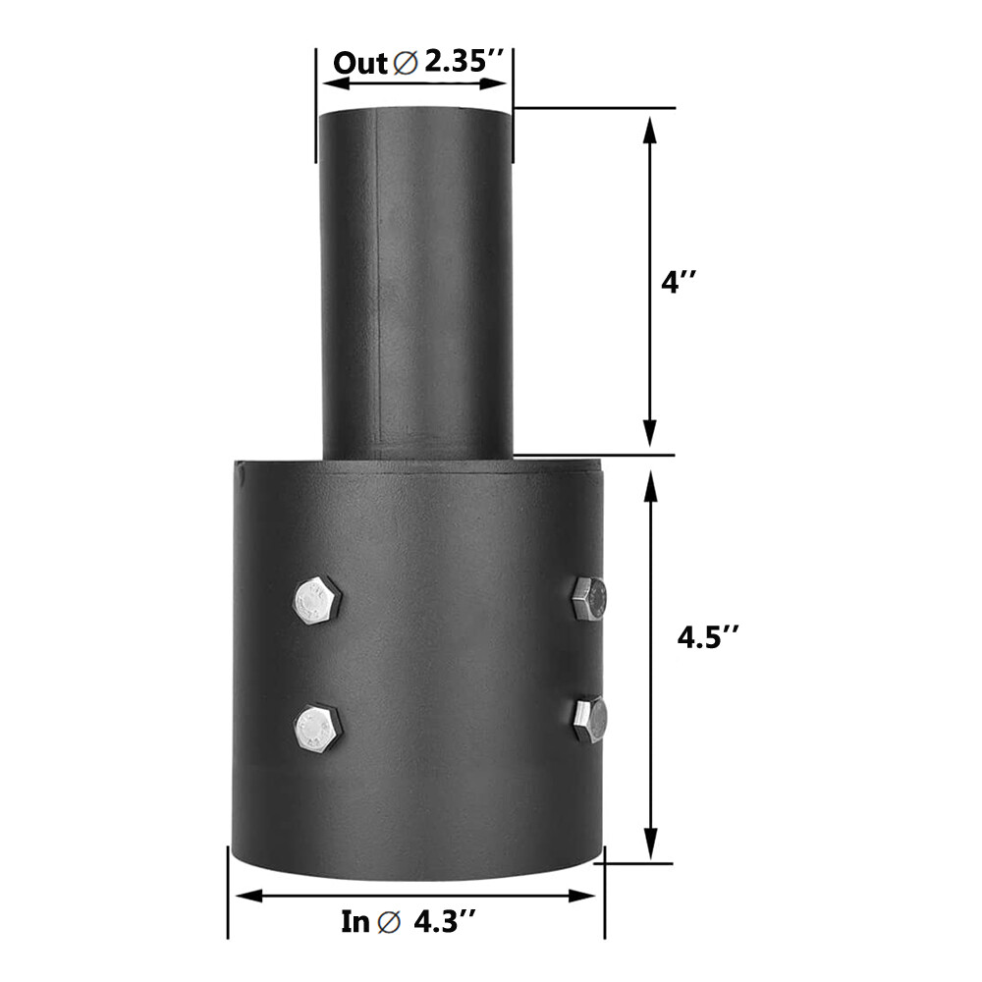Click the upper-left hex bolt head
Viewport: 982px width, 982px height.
pos(317,600)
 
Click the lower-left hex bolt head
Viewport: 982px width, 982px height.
pos(317,729)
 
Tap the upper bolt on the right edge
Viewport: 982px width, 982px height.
pos(589,598)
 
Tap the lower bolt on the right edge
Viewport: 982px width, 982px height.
pos(590,721)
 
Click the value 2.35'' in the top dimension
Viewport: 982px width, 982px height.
pos(464,62)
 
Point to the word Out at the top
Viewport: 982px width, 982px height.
pos(360,63)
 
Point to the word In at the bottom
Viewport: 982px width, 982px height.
pos(355,922)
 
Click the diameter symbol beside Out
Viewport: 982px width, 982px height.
pos(405,64)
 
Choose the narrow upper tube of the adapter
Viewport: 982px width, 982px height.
pos(416,285)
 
